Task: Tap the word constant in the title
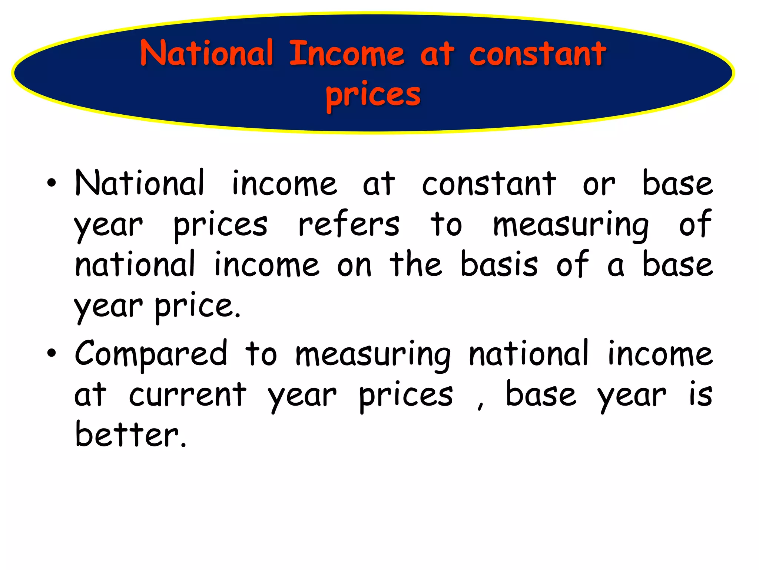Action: pos(537,54)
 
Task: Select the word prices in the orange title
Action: pos(373,95)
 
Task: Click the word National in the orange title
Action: pos(207,54)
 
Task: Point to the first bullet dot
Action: pos(52,183)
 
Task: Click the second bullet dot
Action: pos(52,354)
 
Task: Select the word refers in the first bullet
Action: pos(349,225)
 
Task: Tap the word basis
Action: pos(499,264)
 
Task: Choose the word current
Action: pos(188,394)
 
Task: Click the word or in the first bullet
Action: pos(599,184)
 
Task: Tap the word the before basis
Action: pos(416,264)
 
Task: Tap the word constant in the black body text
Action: pos(489,184)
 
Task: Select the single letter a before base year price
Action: pos(616,266)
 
